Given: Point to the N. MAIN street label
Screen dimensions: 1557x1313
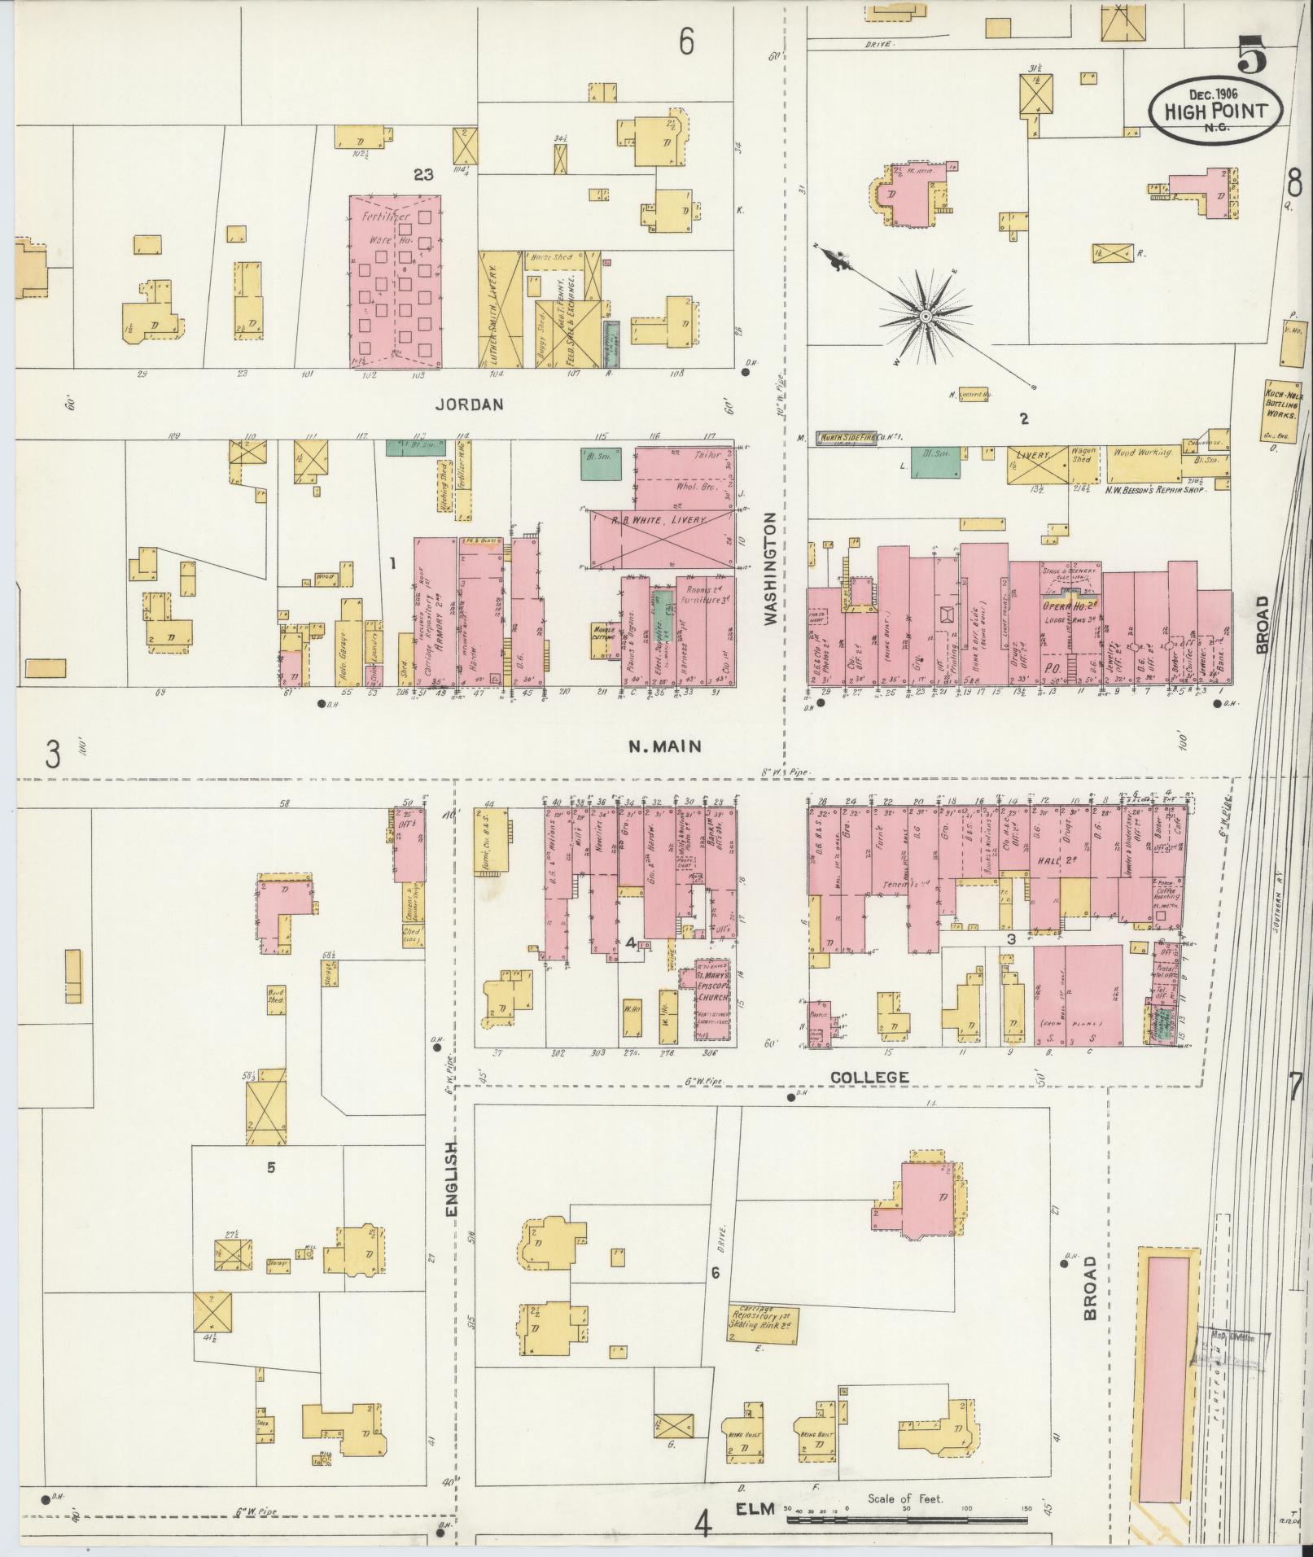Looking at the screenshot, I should [665, 746].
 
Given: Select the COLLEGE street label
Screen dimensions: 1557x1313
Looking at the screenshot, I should [869, 1077].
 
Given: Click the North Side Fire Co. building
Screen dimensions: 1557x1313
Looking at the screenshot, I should [852, 438].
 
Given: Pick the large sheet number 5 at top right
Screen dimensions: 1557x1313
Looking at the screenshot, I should [1252, 59].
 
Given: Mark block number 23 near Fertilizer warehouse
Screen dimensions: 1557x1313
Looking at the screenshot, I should [422, 173].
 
